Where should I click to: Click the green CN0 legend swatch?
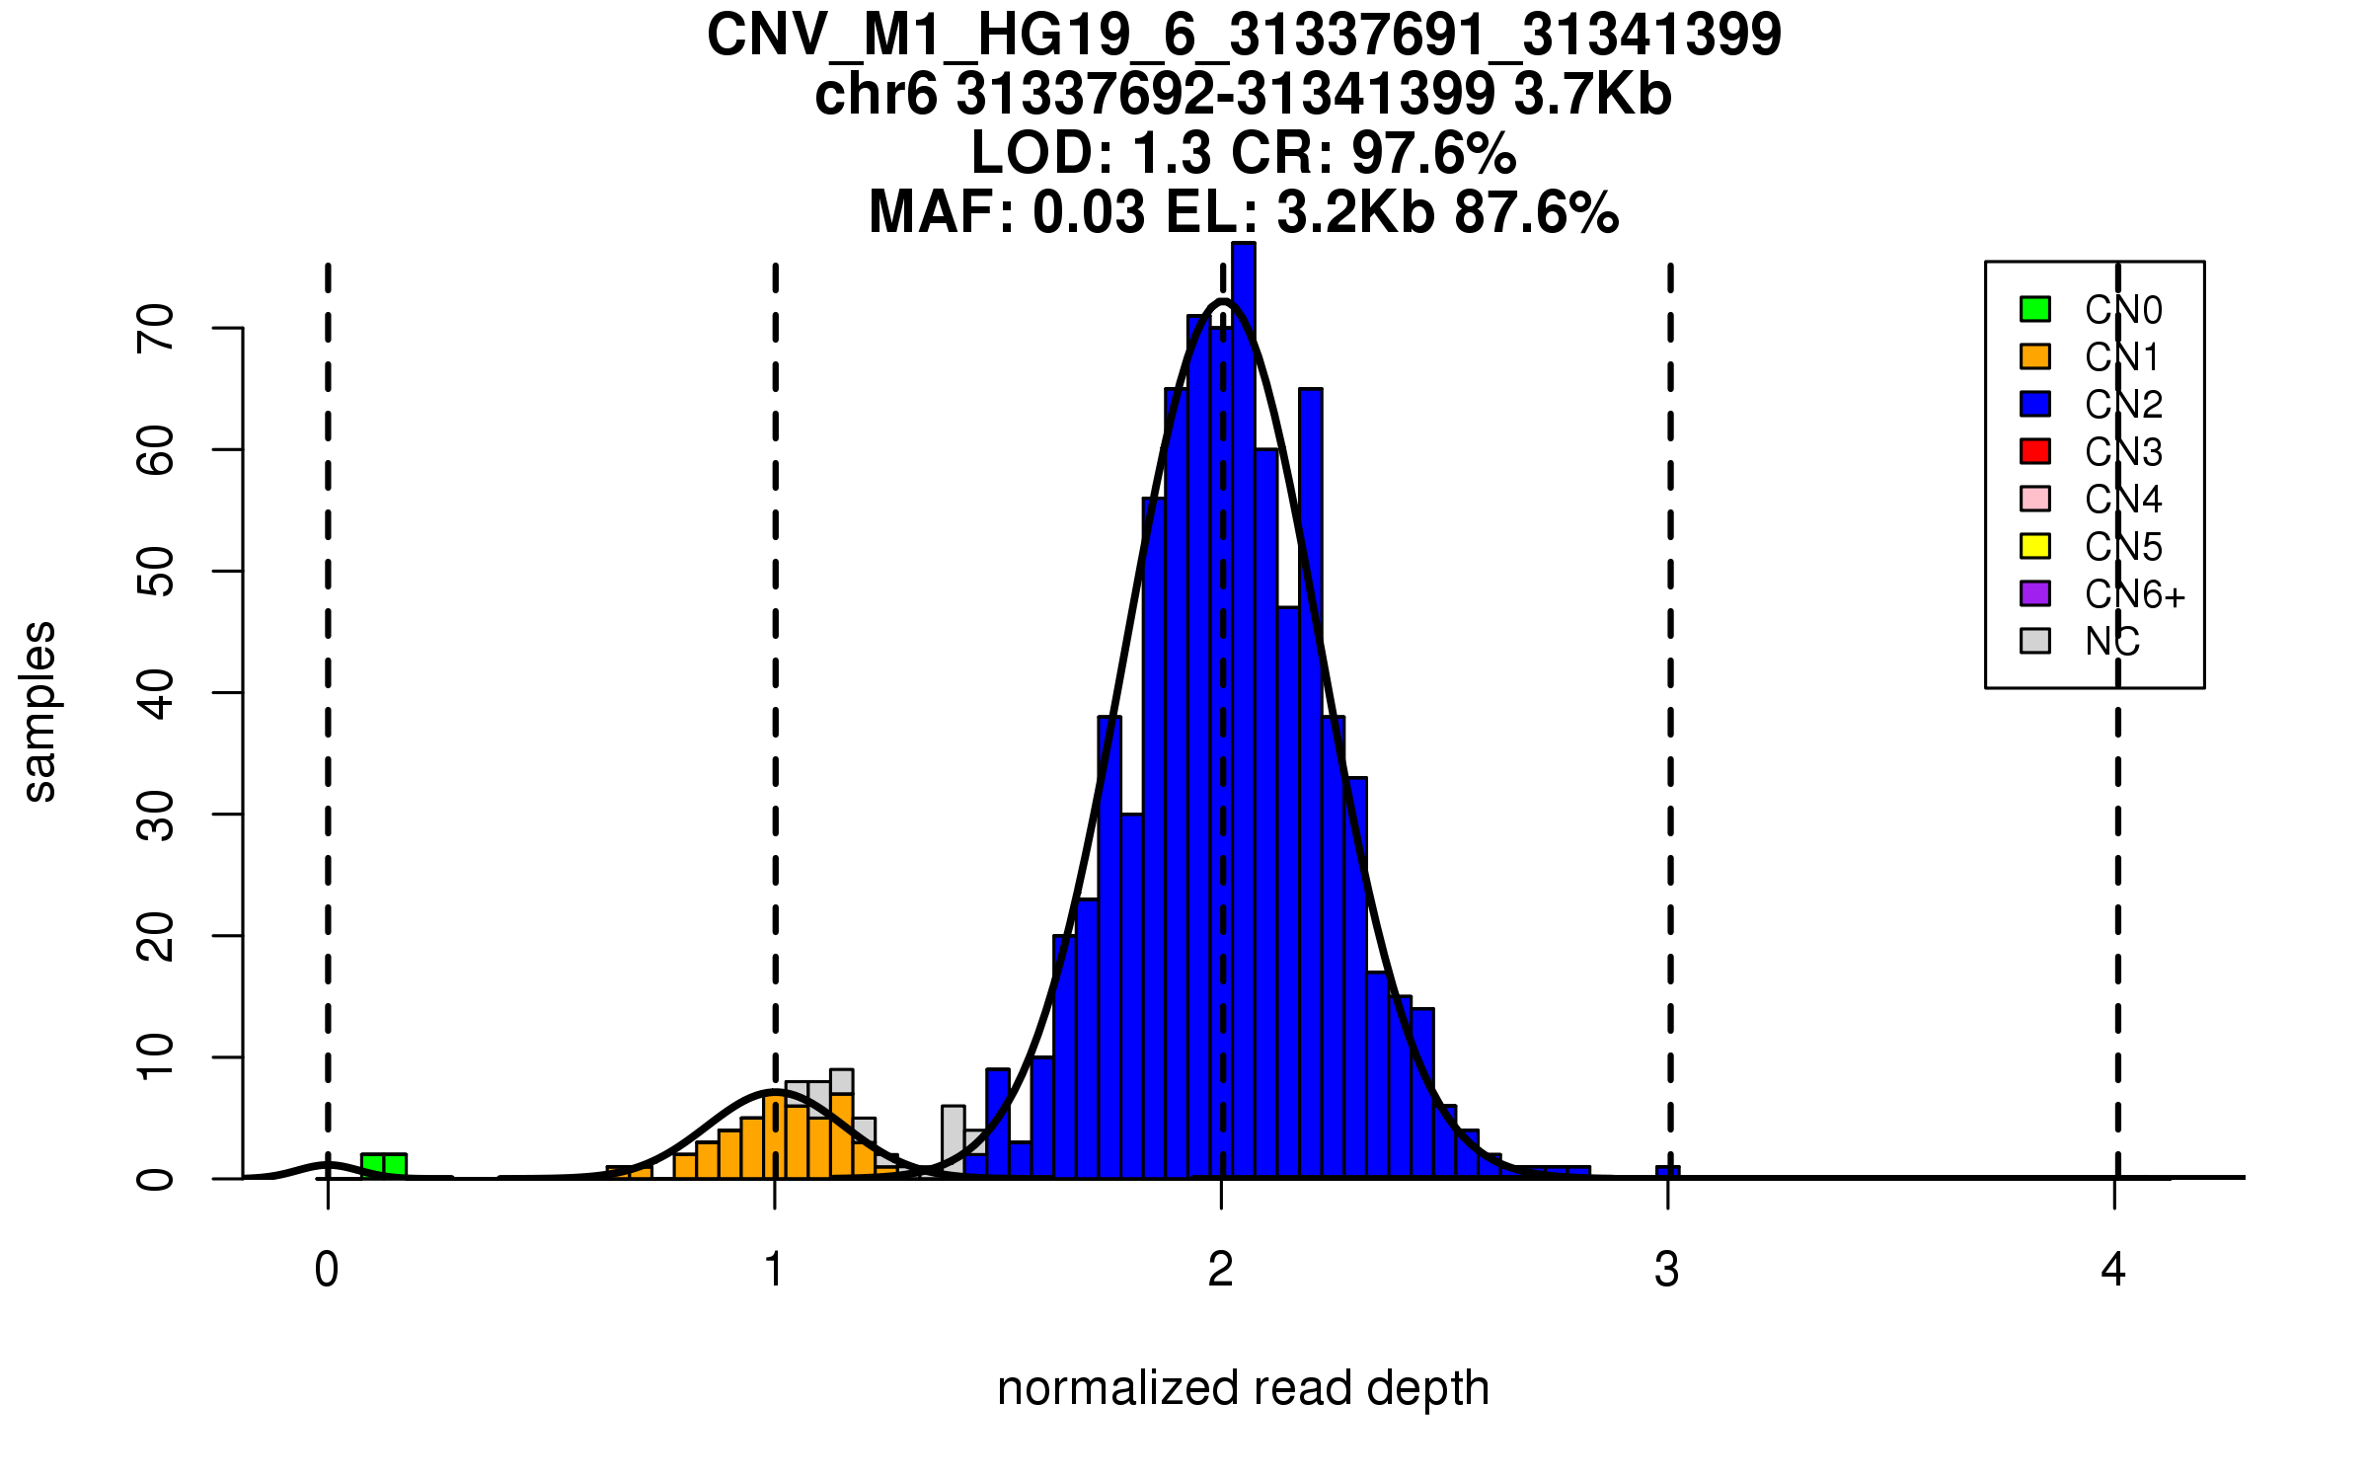2035,309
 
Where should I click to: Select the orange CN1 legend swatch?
2035,356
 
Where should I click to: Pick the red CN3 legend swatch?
2035,451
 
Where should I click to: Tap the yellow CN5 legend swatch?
2035,546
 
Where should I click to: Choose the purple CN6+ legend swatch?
2035,593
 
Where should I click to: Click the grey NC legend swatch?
2035,641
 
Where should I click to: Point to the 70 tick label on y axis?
156,328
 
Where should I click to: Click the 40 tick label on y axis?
156,693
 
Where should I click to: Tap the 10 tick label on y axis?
156,1057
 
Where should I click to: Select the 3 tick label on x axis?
1667,1270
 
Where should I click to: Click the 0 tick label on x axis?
327,1270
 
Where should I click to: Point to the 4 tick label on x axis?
2113,1270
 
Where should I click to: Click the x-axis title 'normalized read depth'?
1243,1388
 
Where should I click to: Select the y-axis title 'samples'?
39,711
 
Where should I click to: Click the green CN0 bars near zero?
384,1166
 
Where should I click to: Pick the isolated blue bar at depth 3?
1667,1173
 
